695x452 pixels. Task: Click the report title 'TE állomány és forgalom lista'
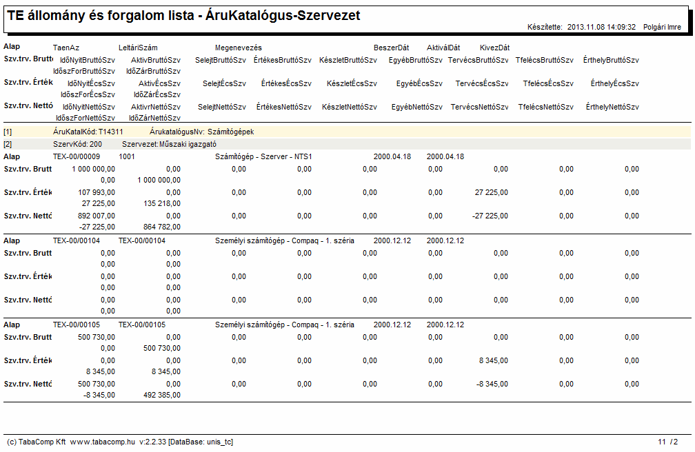(101, 16)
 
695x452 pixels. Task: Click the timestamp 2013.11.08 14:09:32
(601, 27)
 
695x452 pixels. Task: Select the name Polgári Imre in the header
(662, 27)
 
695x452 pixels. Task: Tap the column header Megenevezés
(239, 48)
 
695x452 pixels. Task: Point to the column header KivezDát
(494, 48)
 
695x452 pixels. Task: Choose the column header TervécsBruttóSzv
(479, 60)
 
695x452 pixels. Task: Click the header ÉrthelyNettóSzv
(612, 107)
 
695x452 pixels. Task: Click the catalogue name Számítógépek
(231, 132)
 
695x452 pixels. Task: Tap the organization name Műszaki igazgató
(188, 144)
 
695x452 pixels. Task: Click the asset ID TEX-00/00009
(77, 156)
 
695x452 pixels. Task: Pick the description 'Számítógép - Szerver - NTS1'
(263, 156)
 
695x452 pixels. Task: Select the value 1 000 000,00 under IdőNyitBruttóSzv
(94, 169)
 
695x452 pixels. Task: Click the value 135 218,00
(162, 203)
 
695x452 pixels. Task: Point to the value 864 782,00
(162, 227)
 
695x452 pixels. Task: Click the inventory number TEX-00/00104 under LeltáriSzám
(142, 240)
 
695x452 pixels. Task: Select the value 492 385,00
(162, 395)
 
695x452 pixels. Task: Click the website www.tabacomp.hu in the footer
(102, 442)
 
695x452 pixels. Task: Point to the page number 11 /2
(668, 442)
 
